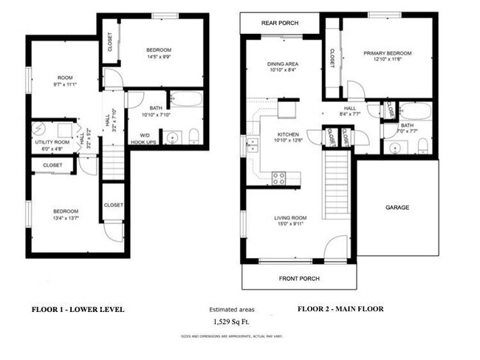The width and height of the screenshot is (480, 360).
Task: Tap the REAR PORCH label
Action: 280,23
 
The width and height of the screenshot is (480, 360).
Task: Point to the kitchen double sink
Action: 253,145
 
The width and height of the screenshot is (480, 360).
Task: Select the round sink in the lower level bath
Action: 174,137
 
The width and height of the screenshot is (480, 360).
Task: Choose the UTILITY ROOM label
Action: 52,141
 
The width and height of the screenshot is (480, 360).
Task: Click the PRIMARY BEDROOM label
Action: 387,53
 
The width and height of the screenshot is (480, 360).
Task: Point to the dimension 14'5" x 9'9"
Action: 162,55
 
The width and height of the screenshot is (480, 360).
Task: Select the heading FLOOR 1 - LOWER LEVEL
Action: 78,309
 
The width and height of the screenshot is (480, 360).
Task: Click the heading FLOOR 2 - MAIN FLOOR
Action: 340,309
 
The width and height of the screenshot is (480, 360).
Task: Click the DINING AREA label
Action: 281,64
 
